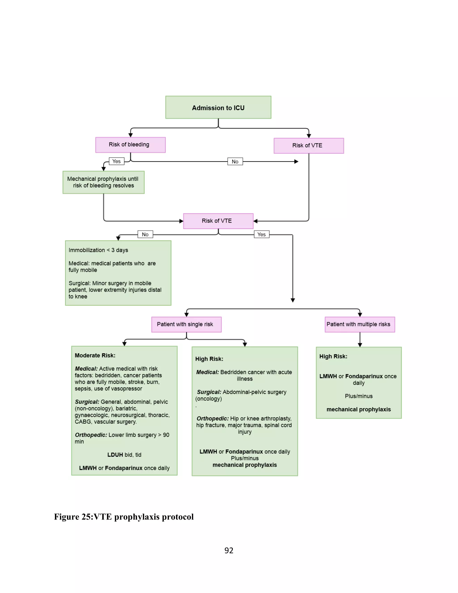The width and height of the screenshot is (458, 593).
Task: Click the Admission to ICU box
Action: pos(218,107)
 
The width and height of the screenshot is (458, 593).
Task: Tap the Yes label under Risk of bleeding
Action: pos(116,161)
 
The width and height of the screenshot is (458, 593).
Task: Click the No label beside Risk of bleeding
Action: pos(235,162)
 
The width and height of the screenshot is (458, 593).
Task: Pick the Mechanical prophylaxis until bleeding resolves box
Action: pos(103,182)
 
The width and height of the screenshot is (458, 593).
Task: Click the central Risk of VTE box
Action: pos(218,221)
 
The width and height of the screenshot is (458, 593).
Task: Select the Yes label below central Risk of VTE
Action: pos(262,234)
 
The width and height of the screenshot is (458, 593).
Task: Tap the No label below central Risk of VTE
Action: pos(145,234)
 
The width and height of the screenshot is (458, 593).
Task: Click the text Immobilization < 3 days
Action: pos(98,250)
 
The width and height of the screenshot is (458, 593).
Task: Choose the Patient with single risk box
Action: pos(187,324)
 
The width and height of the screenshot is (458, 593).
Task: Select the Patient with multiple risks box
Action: pos(360,324)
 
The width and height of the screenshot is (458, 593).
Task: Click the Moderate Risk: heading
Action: pos(95,355)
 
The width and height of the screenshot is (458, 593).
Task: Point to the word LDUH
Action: pos(115,455)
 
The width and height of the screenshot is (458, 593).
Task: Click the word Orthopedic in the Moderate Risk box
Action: pos(91,435)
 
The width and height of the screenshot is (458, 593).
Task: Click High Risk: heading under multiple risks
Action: pos(333,356)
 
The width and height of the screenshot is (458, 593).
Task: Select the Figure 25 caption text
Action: pos(124,517)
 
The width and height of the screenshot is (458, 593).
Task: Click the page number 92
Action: pos(229,550)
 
